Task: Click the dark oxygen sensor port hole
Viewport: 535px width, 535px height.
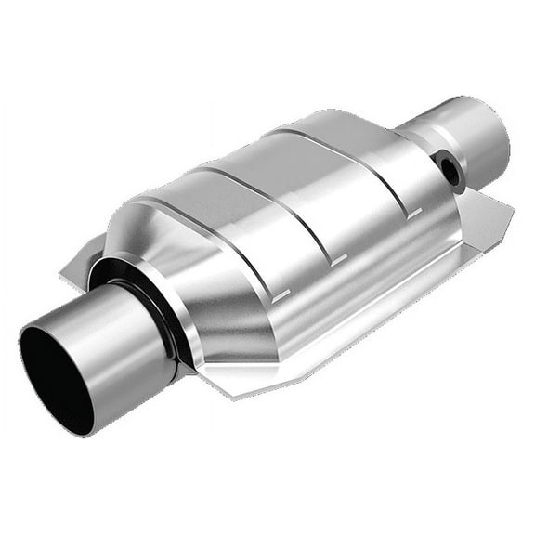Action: click(451, 170)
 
